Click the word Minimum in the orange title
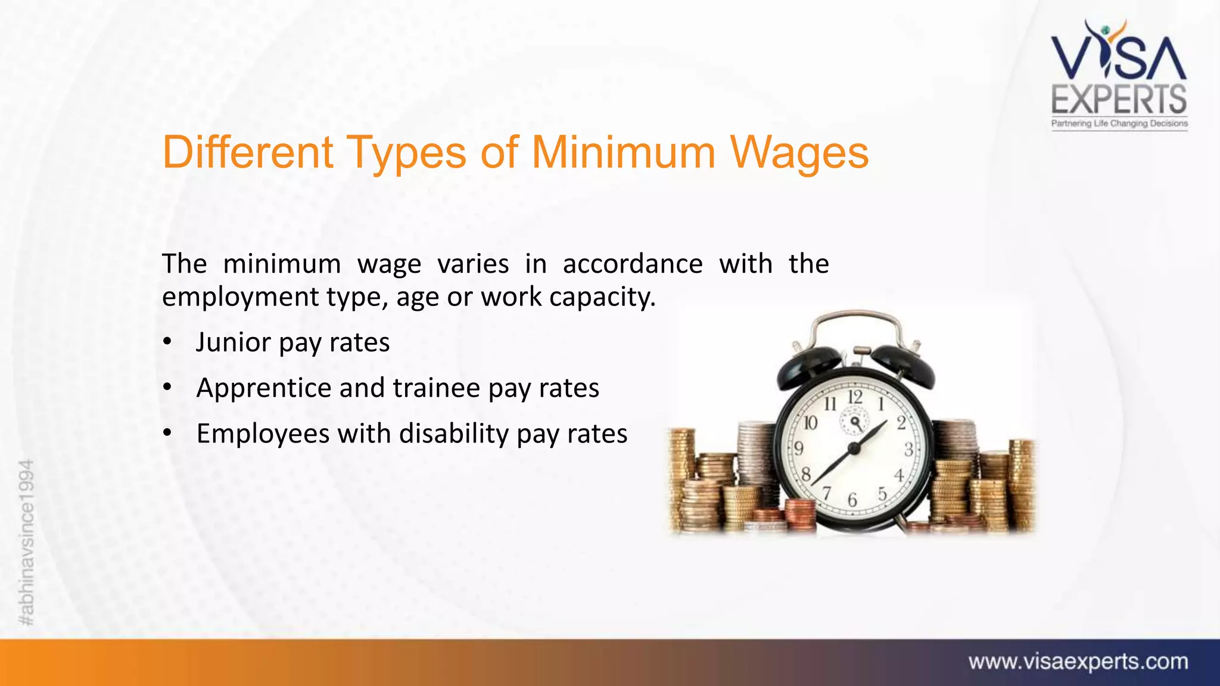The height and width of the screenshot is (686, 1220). (x=623, y=152)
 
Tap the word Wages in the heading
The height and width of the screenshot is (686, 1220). (x=799, y=154)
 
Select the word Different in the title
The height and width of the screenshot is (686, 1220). (x=247, y=152)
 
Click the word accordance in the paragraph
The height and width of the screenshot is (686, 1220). (x=633, y=264)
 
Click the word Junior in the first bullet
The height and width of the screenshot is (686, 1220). (x=233, y=342)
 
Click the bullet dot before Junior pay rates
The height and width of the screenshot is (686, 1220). (x=167, y=342)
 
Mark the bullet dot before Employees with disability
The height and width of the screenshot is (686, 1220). (x=167, y=434)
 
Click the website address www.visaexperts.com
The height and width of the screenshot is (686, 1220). (x=1078, y=662)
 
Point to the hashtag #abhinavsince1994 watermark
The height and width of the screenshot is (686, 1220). (x=27, y=542)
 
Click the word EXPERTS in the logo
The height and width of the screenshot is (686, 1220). (x=1119, y=99)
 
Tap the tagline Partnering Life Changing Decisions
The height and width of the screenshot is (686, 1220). (x=1119, y=123)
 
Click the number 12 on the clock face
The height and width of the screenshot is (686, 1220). (x=855, y=397)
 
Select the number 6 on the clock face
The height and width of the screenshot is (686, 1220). (x=852, y=500)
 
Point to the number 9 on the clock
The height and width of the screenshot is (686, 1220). (x=799, y=448)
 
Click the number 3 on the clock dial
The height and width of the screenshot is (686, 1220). (x=908, y=450)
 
